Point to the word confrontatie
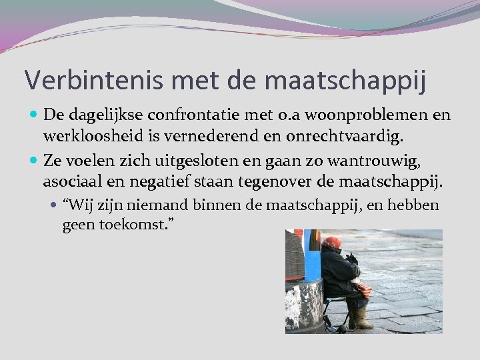pos(187,115)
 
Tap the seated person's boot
pos(362,319)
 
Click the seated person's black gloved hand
pos(351,258)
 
